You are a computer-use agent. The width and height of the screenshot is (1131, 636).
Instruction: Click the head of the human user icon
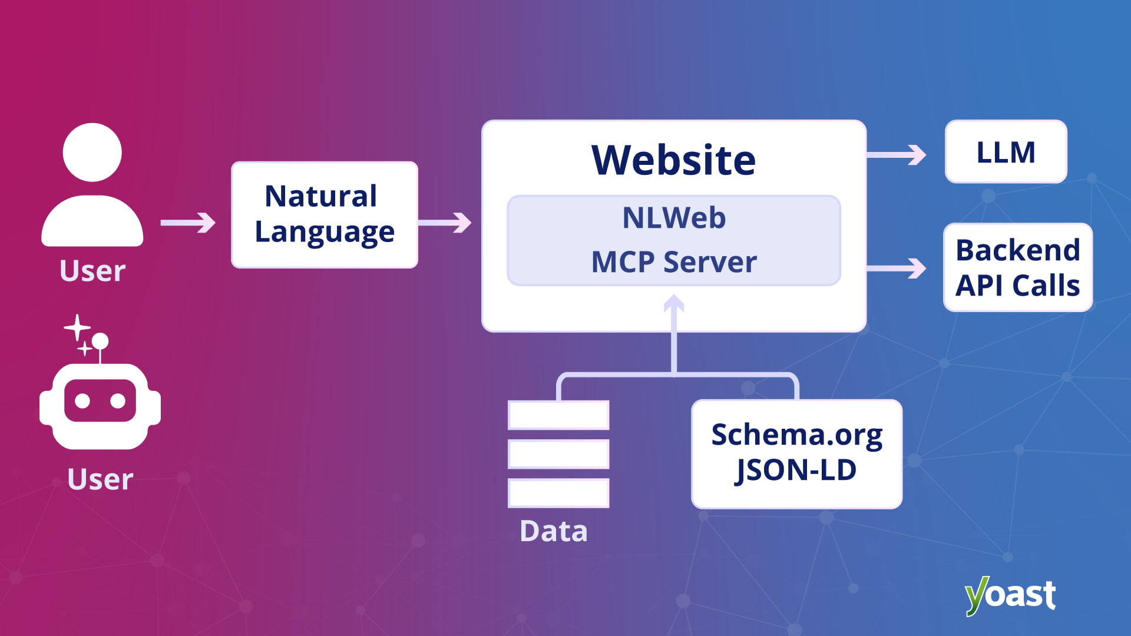[92, 152]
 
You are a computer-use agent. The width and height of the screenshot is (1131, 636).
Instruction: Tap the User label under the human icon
[92, 271]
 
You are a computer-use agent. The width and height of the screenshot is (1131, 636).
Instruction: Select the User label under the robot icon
[100, 479]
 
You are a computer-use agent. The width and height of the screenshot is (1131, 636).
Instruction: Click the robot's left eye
[82, 401]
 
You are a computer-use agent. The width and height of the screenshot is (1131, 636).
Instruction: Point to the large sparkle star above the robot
[77, 327]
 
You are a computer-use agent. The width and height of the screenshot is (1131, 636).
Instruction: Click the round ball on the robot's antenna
[100, 340]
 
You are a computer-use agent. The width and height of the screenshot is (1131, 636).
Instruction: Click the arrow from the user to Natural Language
[188, 223]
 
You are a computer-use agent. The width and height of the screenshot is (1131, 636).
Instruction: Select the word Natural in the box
[321, 196]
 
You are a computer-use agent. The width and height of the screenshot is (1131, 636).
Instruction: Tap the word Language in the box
[325, 232]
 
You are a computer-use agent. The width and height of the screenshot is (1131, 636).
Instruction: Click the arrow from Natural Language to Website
[444, 223]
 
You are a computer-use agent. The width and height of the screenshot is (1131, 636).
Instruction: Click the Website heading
[673, 160]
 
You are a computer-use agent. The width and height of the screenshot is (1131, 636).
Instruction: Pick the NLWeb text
[674, 218]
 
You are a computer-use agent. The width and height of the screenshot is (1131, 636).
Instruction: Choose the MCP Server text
[674, 262]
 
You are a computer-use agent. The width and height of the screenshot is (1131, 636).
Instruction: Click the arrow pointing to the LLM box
[897, 155]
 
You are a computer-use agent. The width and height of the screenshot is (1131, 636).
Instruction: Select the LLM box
[1006, 152]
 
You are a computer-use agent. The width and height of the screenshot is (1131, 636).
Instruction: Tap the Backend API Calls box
[1017, 267]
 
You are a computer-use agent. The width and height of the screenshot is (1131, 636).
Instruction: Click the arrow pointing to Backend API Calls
[897, 269]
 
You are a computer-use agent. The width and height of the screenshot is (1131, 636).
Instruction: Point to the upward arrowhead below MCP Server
[674, 303]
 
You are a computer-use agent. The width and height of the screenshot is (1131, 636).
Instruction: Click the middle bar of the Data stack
[558, 454]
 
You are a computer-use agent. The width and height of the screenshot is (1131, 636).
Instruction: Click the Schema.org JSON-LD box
[796, 453]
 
